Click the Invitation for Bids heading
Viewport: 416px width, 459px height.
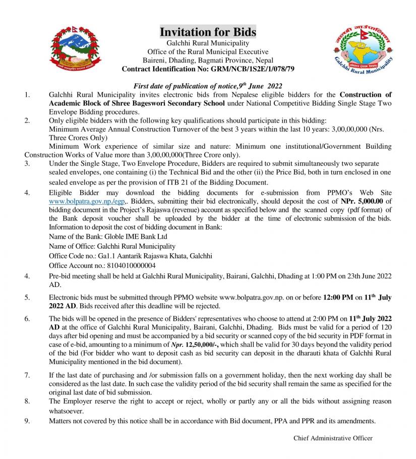208,32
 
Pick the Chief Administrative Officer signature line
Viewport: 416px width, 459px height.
333,438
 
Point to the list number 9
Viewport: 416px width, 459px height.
28,421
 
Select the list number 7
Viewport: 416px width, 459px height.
28,376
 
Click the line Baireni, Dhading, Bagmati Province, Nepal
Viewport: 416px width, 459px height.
208,60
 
